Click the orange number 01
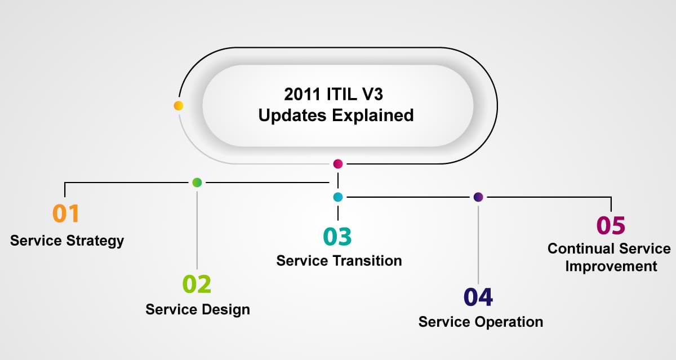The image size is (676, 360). [x=66, y=214]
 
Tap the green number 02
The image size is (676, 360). [x=197, y=284]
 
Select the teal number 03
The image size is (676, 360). [x=337, y=236]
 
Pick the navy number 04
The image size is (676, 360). [x=478, y=297]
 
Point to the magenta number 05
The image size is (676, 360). [x=611, y=225]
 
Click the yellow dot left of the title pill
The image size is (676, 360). [x=179, y=105]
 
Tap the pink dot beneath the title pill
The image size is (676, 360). [x=337, y=164]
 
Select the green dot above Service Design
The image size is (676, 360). [x=197, y=183]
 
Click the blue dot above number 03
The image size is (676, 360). [x=337, y=197]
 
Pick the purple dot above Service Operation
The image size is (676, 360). [x=478, y=197]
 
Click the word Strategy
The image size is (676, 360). [x=95, y=241]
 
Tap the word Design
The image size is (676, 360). [x=226, y=310]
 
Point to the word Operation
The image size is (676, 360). [x=509, y=322]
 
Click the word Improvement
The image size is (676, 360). [x=611, y=266]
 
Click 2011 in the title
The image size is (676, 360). [x=302, y=94]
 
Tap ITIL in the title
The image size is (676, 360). [x=341, y=94]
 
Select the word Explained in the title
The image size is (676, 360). [x=373, y=116]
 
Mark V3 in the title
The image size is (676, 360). [x=373, y=94]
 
